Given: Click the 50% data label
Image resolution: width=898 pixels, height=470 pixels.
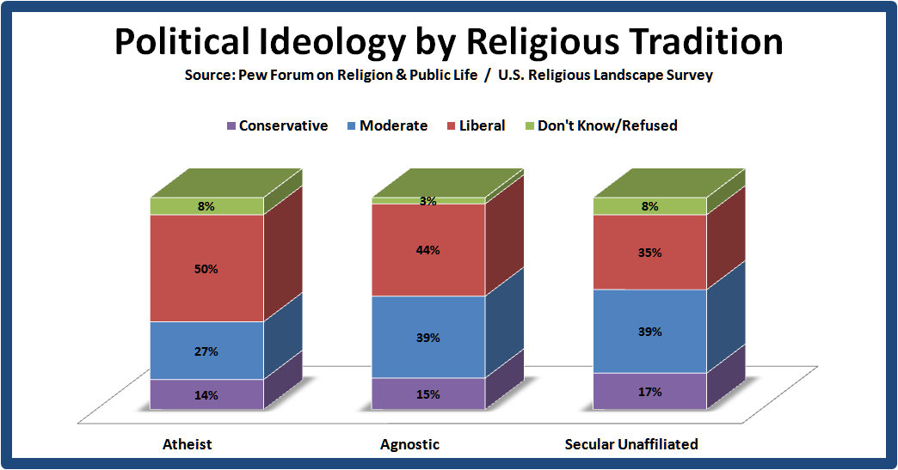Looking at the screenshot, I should pos(206,269).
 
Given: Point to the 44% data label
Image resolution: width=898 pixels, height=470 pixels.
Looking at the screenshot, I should pos(428,250).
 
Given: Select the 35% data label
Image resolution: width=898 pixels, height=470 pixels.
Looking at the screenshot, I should pos(650,253).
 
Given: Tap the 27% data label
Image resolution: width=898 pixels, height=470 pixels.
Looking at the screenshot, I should pos(206,351).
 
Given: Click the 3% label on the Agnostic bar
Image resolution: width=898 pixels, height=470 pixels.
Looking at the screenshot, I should pos(428,201).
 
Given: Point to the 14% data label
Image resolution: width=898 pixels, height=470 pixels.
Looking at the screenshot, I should pos(206,396).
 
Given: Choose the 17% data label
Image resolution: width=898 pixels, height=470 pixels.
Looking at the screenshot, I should pos(650,392).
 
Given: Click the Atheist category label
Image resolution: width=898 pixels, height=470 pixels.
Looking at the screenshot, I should pos(187,444).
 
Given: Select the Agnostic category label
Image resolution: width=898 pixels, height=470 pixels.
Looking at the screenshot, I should pos(409,444).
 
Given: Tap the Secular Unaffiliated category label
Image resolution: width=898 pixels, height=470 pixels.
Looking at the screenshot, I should pos(631,444).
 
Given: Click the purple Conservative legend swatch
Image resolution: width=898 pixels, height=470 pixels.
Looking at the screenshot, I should pos(231,126).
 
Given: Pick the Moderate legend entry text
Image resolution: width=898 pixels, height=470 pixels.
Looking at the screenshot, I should pos(393,125).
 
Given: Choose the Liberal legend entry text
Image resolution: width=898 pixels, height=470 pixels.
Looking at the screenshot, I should pos(483,125).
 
